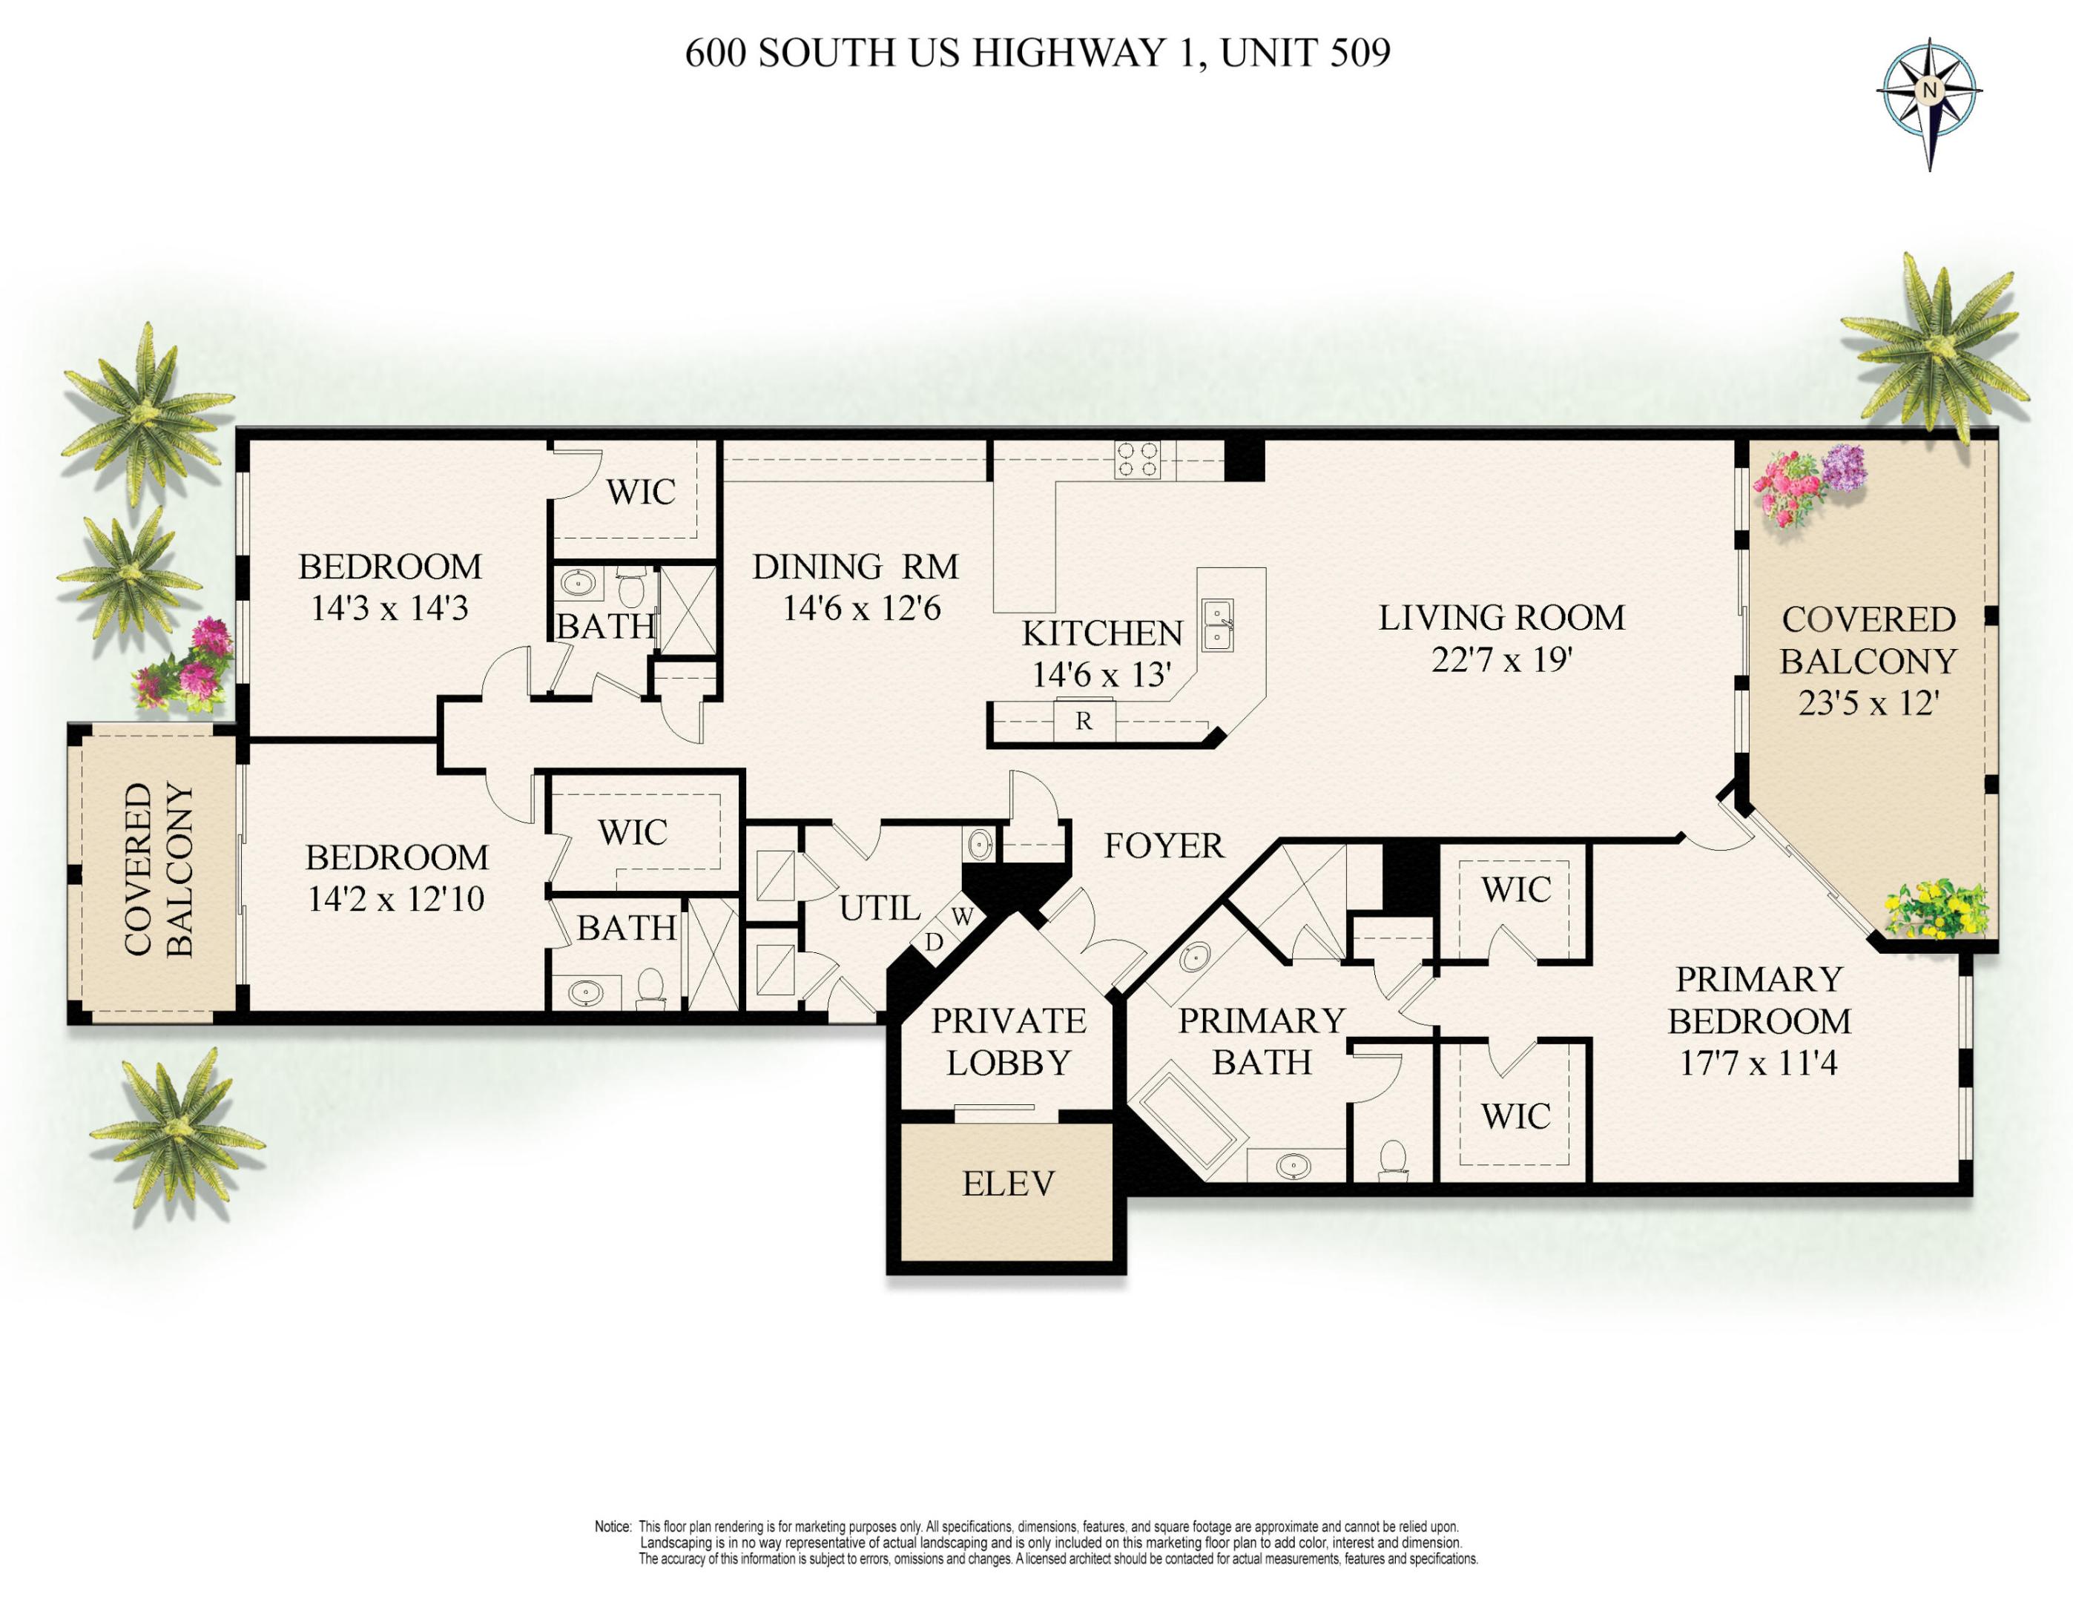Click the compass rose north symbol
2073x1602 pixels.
(x=1928, y=91)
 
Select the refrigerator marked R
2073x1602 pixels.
(x=1083, y=722)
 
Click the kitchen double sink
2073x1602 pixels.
(x=1218, y=624)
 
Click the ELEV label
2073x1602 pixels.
(x=1008, y=1184)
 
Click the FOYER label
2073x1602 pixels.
(x=1164, y=845)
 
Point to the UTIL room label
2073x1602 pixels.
(x=880, y=909)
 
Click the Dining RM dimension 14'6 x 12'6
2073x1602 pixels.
(x=861, y=608)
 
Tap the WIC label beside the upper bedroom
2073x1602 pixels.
(x=641, y=492)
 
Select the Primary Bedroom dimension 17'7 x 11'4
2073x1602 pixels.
(x=1758, y=1063)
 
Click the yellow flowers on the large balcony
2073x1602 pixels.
(x=1937, y=909)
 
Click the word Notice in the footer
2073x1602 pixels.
(x=612, y=1527)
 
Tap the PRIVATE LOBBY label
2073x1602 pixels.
(x=1008, y=1042)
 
